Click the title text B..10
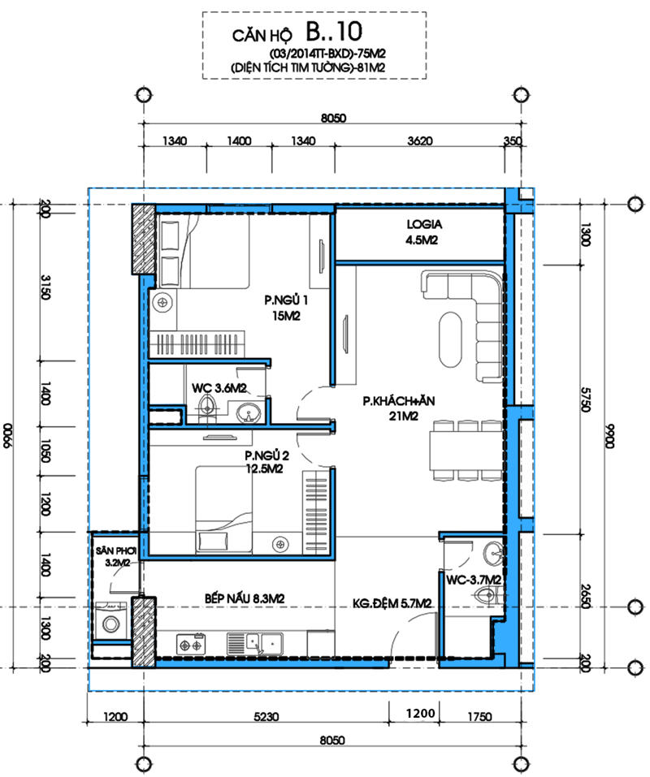pyautogui.click(x=334, y=31)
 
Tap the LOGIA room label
pyautogui.click(x=424, y=224)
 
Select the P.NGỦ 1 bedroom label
pyautogui.click(x=286, y=300)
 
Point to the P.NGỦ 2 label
pyautogui.click(x=266, y=455)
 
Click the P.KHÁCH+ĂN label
pyautogui.click(x=399, y=401)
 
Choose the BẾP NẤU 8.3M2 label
pyautogui.click(x=245, y=598)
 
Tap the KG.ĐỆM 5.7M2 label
pyautogui.click(x=392, y=603)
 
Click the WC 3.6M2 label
pyautogui.click(x=219, y=388)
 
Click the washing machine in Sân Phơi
pyautogui.click(x=110, y=624)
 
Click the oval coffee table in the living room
pyautogui.click(x=450, y=339)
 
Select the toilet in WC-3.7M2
pyautogui.click(x=489, y=595)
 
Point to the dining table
pyautogui.click(x=466, y=451)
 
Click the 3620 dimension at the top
pyautogui.click(x=420, y=141)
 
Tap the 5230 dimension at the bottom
pyautogui.click(x=266, y=717)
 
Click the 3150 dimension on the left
pyautogui.click(x=45, y=287)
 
